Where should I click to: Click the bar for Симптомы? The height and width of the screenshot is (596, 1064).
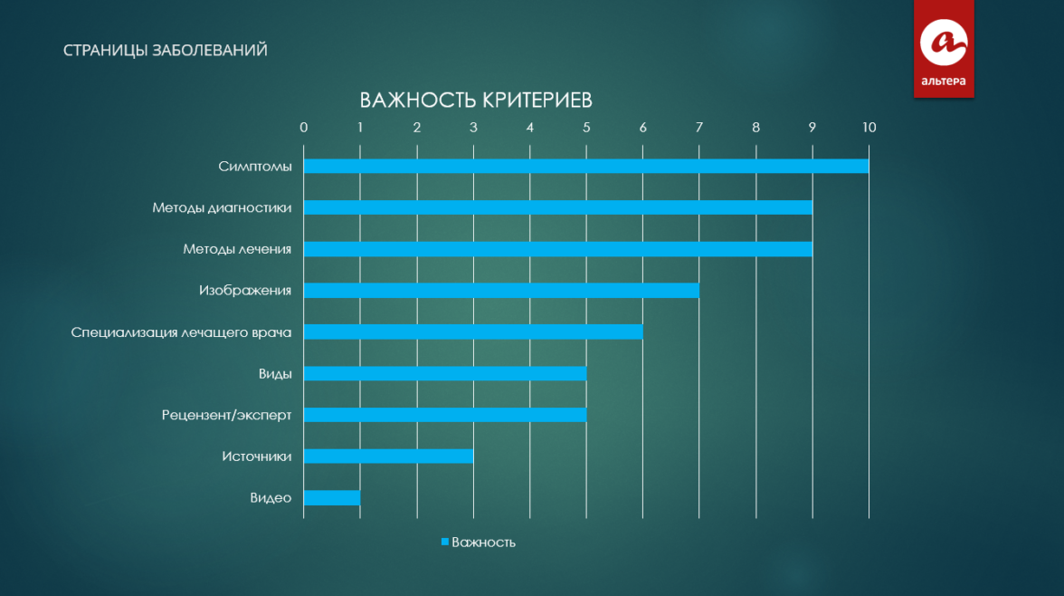pos(586,166)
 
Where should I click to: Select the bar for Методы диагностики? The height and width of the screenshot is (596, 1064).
pos(557,207)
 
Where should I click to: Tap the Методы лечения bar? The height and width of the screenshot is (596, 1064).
pos(557,249)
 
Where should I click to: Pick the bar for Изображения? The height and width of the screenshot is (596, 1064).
pos(501,290)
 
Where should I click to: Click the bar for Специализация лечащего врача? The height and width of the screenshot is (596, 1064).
pos(473,332)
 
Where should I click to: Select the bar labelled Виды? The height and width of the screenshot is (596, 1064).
pos(445,373)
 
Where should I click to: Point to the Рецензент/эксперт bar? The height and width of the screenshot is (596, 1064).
pos(445,415)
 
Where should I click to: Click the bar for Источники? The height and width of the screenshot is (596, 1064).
pos(388,456)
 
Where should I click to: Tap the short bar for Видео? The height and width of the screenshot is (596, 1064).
pos(332,497)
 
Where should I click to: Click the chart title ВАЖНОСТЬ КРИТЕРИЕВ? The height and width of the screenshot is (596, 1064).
pos(476,101)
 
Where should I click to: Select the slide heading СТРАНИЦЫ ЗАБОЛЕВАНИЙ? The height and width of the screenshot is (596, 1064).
pos(165,51)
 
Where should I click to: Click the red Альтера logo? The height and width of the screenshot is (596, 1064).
pos(943,48)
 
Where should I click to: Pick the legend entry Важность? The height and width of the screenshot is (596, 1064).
pos(479,543)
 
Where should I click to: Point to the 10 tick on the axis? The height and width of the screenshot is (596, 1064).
pos(869,127)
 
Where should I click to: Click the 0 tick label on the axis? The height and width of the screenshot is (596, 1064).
pos(303,127)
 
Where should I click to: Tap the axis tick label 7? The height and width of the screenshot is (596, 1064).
pos(698,127)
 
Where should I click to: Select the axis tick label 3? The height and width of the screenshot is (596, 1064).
pos(473,127)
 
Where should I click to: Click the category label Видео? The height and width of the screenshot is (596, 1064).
pos(271,498)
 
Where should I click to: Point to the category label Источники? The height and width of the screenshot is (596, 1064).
pos(257,457)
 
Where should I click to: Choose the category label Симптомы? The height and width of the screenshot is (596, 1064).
pos(255,167)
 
